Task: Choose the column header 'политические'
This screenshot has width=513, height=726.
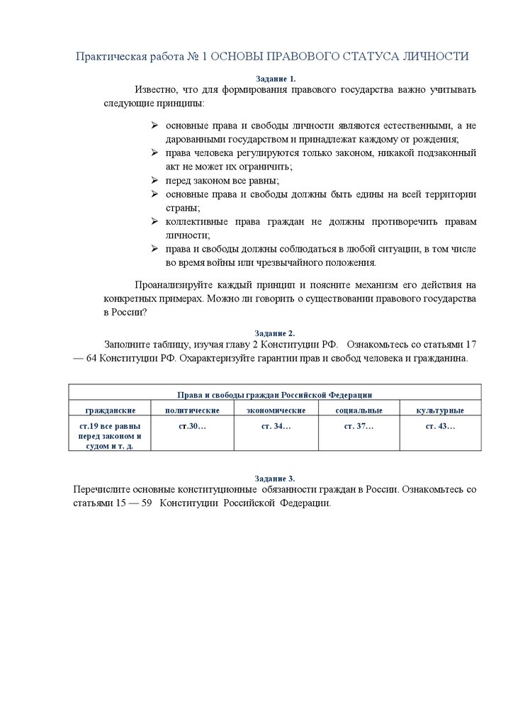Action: [191, 411]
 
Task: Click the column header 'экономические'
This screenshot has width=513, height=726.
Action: [276, 411]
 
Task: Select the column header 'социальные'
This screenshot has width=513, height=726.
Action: [359, 411]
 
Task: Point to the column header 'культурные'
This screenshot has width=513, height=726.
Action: [441, 411]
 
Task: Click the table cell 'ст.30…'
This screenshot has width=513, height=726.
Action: [191, 426]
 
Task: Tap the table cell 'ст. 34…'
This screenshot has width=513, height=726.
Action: [276, 426]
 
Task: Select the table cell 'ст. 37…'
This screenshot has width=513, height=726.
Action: [359, 426]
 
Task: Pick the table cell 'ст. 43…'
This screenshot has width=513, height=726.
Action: [441, 426]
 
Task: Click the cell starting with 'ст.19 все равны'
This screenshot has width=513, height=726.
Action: [110, 436]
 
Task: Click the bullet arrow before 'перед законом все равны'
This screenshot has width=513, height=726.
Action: [154, 180]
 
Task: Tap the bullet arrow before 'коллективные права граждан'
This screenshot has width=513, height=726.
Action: [154, 221]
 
